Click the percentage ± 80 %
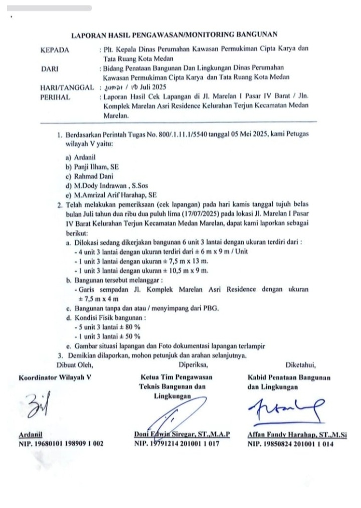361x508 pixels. pyautogui.click(x=128, y=327)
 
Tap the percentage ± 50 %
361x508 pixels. pyautogui.click(x=128, y=337)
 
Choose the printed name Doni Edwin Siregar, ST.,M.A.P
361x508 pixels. pyautogui.click(x=182, y=435)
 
